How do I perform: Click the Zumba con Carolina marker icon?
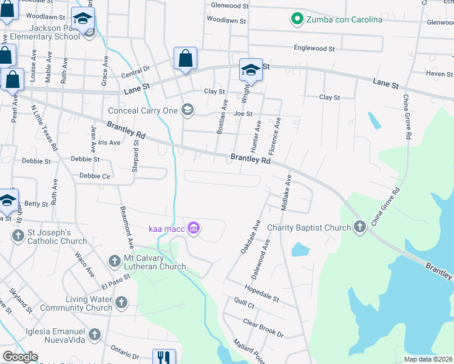(x=297, y=19)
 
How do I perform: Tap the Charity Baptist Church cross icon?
(x=360, y=227)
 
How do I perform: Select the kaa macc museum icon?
(x=194, y=228)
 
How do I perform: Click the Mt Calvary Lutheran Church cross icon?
(x=114, y=261)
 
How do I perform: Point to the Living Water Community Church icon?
(x=121, y=302)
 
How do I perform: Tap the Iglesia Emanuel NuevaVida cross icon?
(x=94, y=334)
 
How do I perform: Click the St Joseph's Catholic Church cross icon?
(x=17, y=235)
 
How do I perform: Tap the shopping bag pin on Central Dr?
(x=185, y=59)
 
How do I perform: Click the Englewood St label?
(x=314, y=48)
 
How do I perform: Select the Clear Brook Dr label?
(x=263, y=328)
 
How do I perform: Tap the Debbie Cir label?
(x=90, y=176)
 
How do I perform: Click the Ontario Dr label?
(x=124, y=352)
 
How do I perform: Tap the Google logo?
(x=20, y=357)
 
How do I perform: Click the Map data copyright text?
(x=427, y=359)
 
